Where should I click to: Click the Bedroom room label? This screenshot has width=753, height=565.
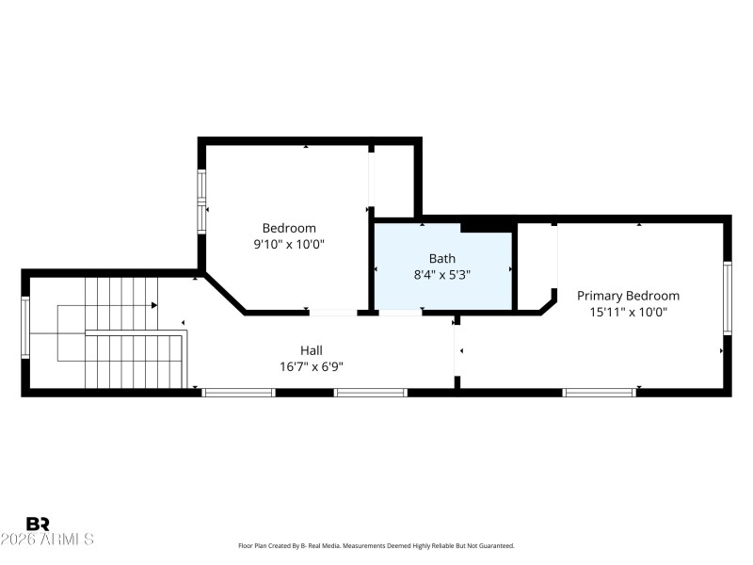[x=289, y=228]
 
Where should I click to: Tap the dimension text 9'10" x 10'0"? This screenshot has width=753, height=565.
[x=289, y=244]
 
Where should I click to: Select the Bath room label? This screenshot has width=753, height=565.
[x=442, y=258]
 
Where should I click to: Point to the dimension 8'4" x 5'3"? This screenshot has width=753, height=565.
[x=442, y=275]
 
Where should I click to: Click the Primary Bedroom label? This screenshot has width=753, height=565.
[x=628, y=296]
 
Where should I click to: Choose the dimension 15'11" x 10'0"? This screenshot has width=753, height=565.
[x=628, y=313]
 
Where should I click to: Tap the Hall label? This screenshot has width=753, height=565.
[x=312, y=349]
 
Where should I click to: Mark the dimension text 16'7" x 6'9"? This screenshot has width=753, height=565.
[x=312, y=366]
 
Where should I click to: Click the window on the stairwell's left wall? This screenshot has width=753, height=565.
[x=25, y=328]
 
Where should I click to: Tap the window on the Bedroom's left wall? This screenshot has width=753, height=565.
[x=201, y=202]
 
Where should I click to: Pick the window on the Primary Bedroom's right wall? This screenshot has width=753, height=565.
[x=727, y=298]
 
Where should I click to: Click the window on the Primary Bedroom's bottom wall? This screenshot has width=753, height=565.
[x=599, y=392]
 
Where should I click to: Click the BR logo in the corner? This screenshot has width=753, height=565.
[x=39, y=524]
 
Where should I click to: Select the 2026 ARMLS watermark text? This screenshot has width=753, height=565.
[x=47, y=540]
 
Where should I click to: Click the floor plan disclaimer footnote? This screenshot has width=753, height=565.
[x=376, y=545]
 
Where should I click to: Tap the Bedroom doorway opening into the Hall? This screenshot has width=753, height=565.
[x=333, y=313]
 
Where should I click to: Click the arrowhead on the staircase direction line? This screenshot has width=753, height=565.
[x=153, y=305]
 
